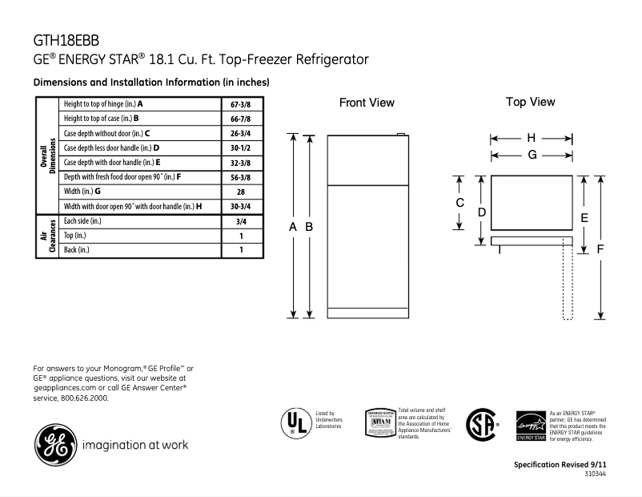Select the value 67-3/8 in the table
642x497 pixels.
pyautogui.click(x=240, y=104)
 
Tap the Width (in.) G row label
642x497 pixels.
pyautogui.click(x=82, y=192)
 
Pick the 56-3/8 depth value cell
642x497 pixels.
pyautogui.click(x=240, y=177)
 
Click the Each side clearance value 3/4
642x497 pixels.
pyautogui.click(x=240, y=220)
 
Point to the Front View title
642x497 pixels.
pyautogui.click(x=367, y=103)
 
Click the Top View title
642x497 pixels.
pyautogui.click(x=530, y=102)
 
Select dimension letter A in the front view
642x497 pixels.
pyautogui.click(x=294, y=228)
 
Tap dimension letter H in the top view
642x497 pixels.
pyautogui.click(x=531, y=138)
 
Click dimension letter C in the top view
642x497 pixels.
pyautogui.click(x=460, y=203)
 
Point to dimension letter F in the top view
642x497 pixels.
pyautogui.click(x=600, y=248)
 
